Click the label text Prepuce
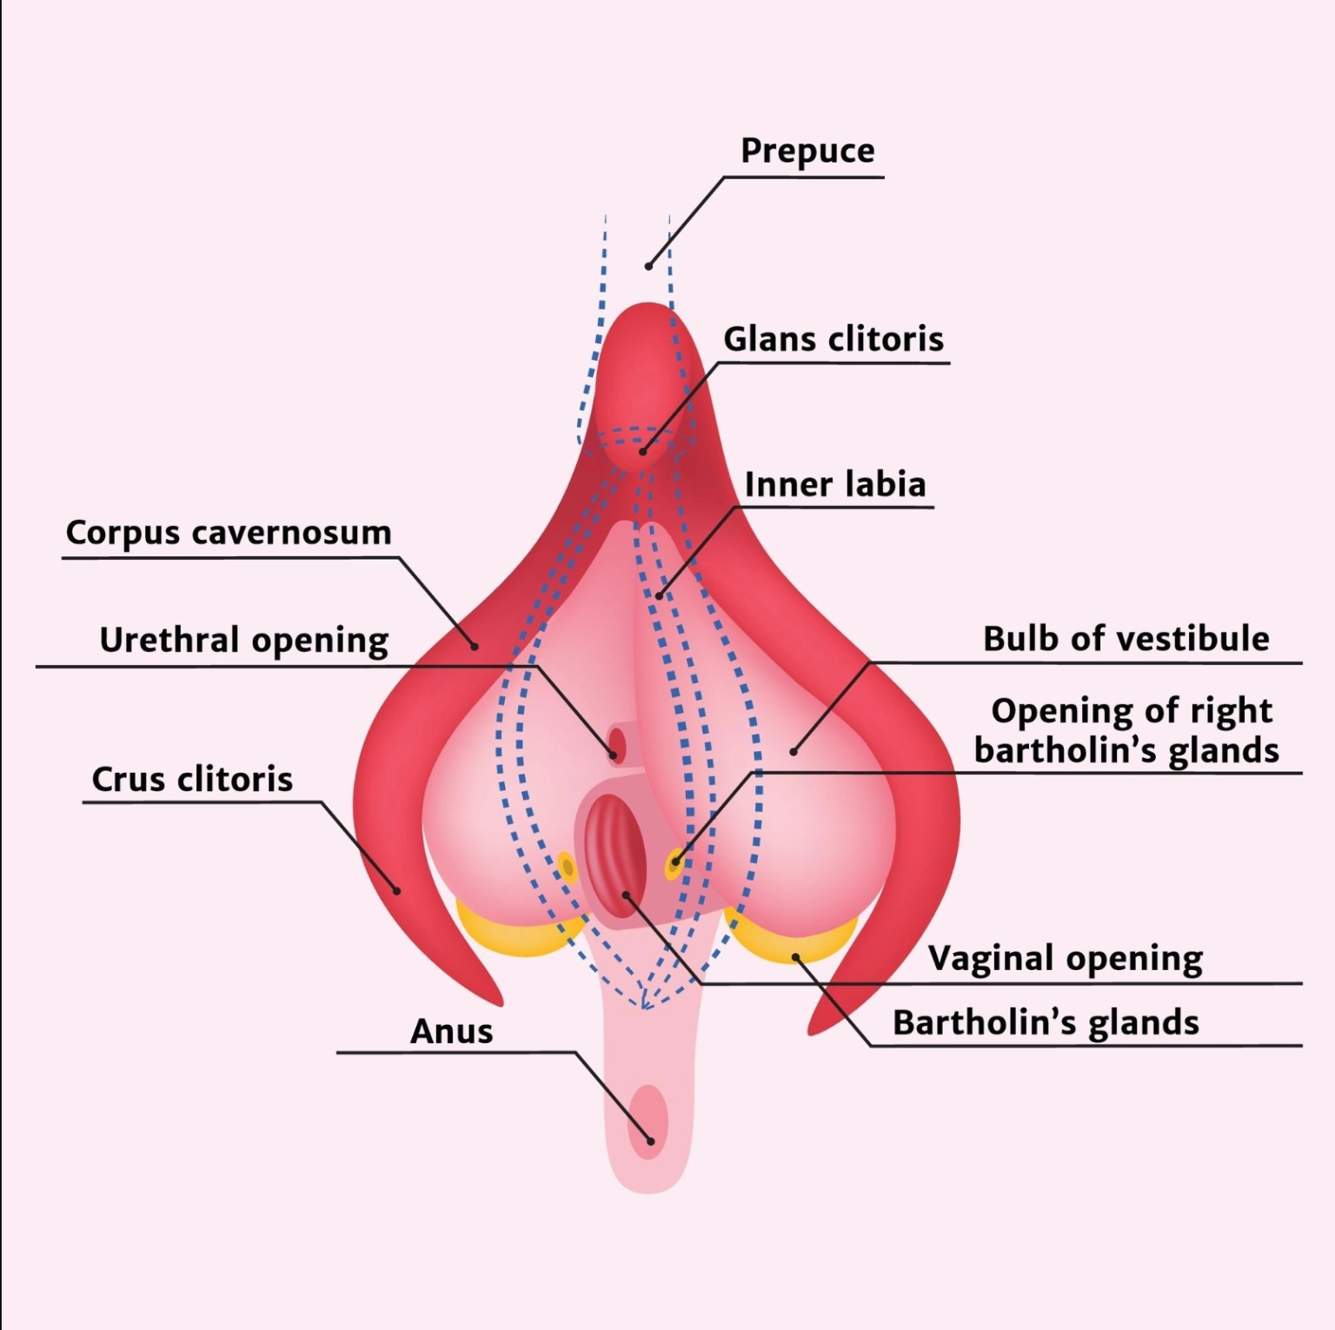point(807,151)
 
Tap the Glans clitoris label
point(834,338)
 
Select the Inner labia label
point(835,484)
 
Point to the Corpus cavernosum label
point(229,533)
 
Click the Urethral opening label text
point(244,641)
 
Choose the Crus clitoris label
point(192,779)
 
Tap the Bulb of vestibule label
point(1126,638)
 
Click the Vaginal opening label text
point(1066,959)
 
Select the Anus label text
point(452,1032)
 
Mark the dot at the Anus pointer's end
point(650,1140)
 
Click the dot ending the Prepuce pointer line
point(648,266)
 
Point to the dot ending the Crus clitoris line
point(396,890)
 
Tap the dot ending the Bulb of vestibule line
point(793,751)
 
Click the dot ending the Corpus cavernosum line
point(475,646)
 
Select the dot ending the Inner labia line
point(659,596)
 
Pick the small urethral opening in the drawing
point(617,744)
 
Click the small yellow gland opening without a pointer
point(568,867)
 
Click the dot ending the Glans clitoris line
point(643,451)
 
